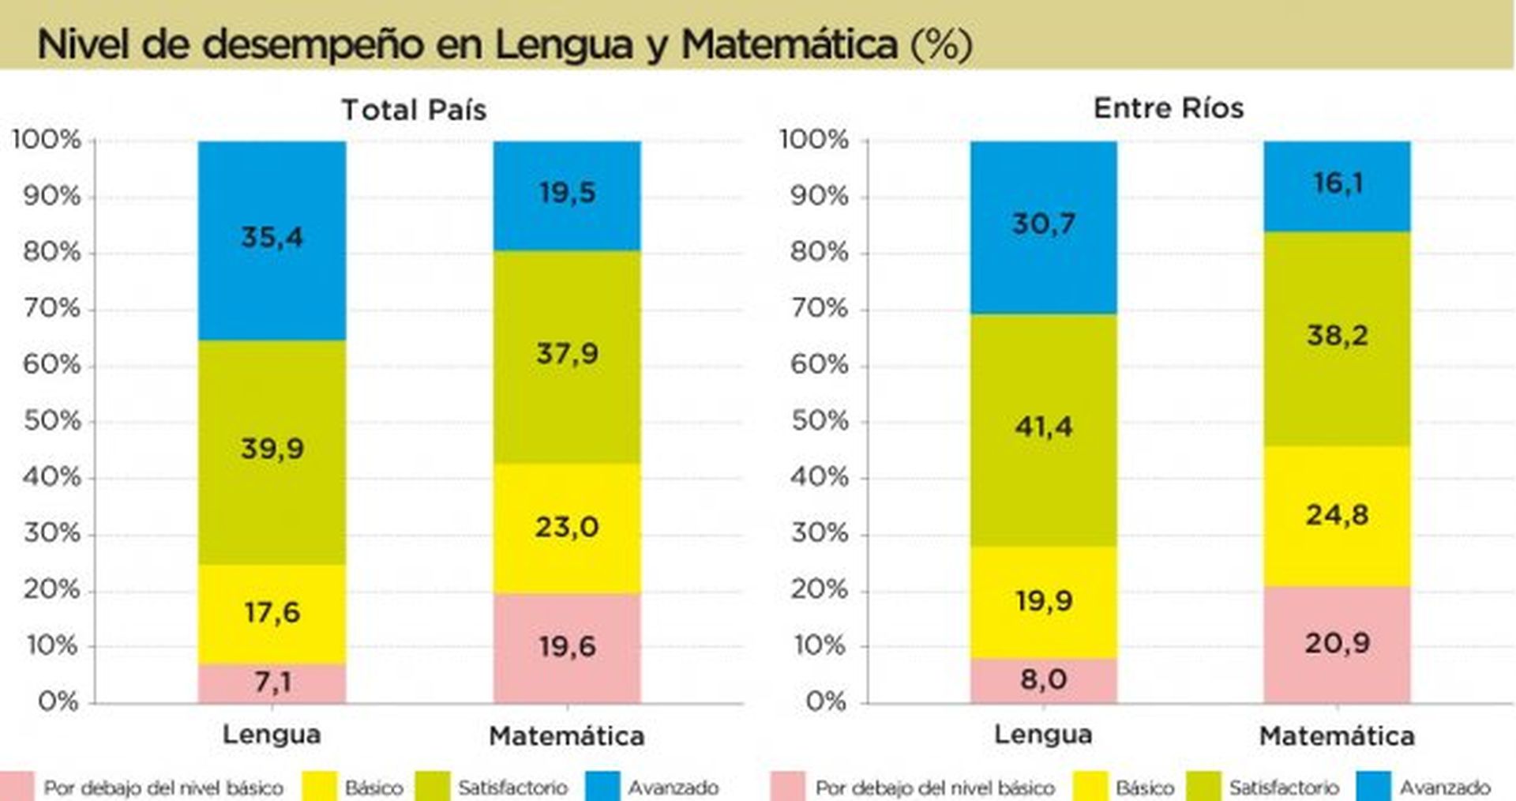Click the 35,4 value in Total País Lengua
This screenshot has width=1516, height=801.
pos(272,237)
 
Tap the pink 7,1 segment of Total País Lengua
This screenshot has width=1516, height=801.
pos(272,683)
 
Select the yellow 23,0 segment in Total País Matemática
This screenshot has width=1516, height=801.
pos(567,527)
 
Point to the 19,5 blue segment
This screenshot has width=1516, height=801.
pos(567,193)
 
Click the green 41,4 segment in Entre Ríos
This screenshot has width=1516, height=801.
pos(1043,427)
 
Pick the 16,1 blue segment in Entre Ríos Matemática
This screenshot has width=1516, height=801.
pos(1337,184)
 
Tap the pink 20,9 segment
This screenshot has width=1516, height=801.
pos(1337,643)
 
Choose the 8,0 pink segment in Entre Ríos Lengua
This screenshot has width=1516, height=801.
pos(1043,679)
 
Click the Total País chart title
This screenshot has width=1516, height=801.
pos(414,110)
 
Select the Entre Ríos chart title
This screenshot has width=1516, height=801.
pos(1168,108)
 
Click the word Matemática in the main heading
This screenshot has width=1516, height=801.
pos(789,44)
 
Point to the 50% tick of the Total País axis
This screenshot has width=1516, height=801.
pos(52,421)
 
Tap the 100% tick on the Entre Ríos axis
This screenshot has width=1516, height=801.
pos(814,140)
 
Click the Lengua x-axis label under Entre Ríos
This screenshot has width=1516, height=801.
pos(1042,735)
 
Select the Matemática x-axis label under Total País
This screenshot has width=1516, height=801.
pos(567,736)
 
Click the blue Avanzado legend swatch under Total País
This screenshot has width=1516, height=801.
pos(602,787)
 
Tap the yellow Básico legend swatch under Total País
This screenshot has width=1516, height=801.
pos(319,787)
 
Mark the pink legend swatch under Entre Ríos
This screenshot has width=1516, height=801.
pos(787,787)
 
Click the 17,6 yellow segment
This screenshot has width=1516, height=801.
pos(272,612)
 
